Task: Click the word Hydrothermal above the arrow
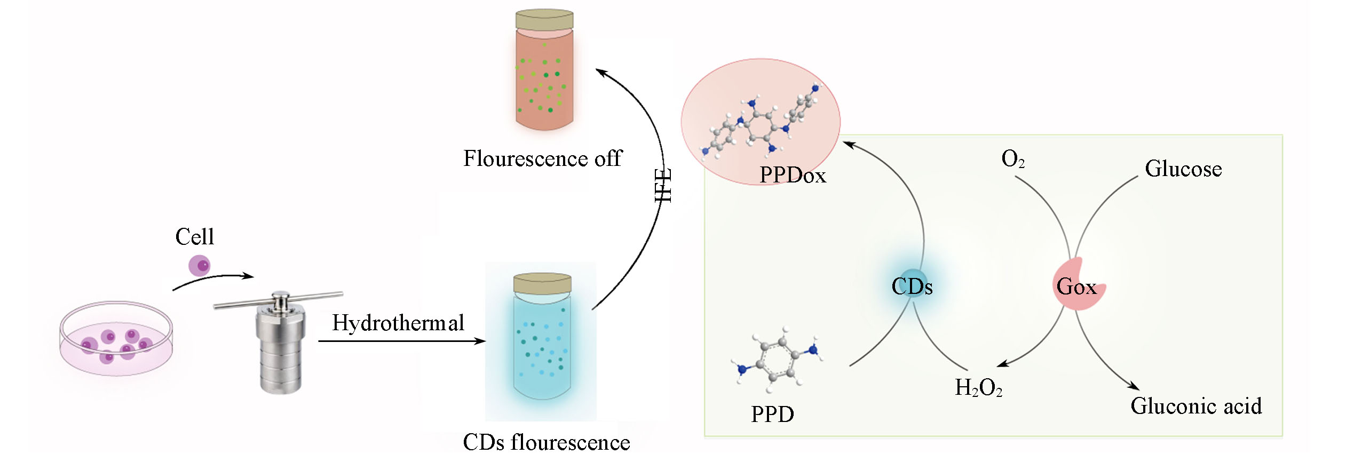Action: click(x=398, y=323)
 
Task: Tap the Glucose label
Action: click(x=1183, y=169)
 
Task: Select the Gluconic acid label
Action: click(x=1195, y=406)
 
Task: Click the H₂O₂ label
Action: click(x=978, y=388)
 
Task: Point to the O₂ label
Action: click(x=1012, y=158)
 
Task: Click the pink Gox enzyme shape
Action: click(x=1077, y=285)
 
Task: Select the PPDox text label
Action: click(x=793, y=175)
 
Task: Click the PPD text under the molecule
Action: click(x=772, y=414)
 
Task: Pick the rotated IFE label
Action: click(x=663, y=185)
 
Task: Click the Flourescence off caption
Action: click(x=542, y=158)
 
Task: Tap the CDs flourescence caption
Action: click(x=546, y=442)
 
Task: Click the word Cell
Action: click(x=194, y=237)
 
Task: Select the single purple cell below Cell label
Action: click(x=200, y=265)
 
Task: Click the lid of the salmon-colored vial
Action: click(x=544, y=20)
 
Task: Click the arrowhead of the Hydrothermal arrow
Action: click(x=481, y=341)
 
